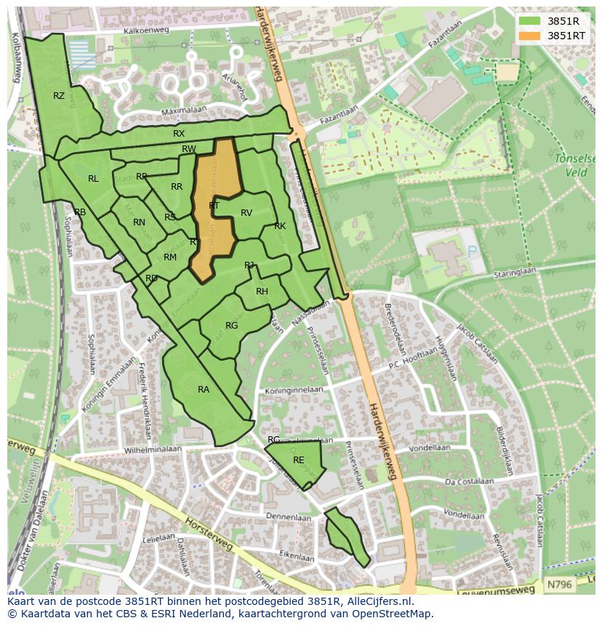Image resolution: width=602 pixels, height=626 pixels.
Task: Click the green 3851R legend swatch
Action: (x=530, y=20)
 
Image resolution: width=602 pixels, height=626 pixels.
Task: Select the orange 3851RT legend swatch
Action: (x=530, y=35)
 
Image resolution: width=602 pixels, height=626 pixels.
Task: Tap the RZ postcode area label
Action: (x=59, y=96)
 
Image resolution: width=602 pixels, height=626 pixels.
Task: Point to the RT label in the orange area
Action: (x=214, y=206)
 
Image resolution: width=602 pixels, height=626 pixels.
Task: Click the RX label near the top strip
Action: (x=179, y=134)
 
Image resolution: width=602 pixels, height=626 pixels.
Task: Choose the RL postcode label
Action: (x=93, y=179)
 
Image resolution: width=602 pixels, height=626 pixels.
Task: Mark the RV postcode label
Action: (x=246, y=213)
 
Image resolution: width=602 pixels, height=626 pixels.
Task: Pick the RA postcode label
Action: (x=204, y=390)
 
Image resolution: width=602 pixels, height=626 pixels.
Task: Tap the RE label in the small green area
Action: (x=298, y=460)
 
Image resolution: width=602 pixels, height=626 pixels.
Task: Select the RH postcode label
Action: (x=262, y=292)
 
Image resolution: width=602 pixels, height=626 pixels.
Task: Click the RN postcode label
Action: (x=139, y=222)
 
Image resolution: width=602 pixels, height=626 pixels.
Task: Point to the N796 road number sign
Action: (x=559, y=584)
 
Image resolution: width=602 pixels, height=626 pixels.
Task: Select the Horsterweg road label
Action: (x=212, y=534)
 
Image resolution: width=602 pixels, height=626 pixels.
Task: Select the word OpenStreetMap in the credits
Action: (x=395, y=614)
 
